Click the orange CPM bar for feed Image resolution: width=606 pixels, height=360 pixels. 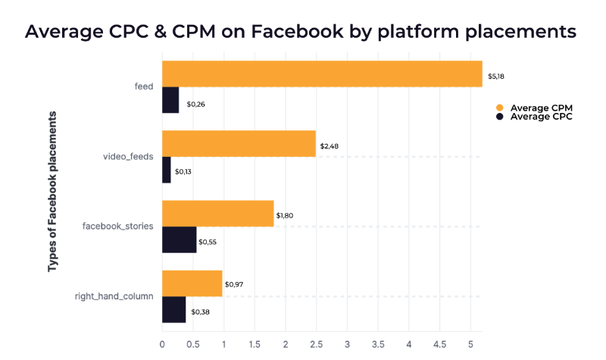tap(322, 74)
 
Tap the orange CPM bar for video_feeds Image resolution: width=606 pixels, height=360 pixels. tap(239, 143)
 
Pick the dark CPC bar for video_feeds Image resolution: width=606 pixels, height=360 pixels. tap(167, 171)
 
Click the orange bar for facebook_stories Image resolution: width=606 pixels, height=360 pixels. tap(217, 214)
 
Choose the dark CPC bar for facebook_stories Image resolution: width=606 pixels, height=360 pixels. tap(179, 240)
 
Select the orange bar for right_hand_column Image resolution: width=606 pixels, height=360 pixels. tap(192, 283)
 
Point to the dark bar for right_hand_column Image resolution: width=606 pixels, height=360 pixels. tap(173, 310)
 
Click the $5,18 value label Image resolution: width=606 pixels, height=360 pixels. tap(496, 77)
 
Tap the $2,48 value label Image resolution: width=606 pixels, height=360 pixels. tap(330, 146)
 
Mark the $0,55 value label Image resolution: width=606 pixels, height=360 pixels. tap(207, 243)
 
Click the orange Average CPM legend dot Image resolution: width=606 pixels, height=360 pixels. tap(499, 108)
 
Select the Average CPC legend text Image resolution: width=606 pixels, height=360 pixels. tap(541, 117)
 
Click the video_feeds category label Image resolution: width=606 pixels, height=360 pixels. tap(128, 157)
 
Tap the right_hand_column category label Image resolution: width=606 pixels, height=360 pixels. tap(114, 296)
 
